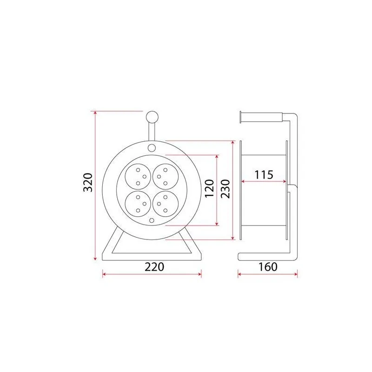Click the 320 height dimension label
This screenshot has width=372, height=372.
[88, 182]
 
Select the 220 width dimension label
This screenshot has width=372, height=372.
[154, 267]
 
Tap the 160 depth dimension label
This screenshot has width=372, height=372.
[268, 267]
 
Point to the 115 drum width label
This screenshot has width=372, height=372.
[264, 175]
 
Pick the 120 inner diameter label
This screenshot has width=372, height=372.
[210, 188]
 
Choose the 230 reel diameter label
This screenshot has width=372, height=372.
[226, 189]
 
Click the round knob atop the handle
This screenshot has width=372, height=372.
[152, 118]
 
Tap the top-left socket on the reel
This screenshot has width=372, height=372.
[138, 177]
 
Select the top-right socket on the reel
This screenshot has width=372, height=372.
[166, 177]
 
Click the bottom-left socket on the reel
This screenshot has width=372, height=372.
[138, 204]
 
